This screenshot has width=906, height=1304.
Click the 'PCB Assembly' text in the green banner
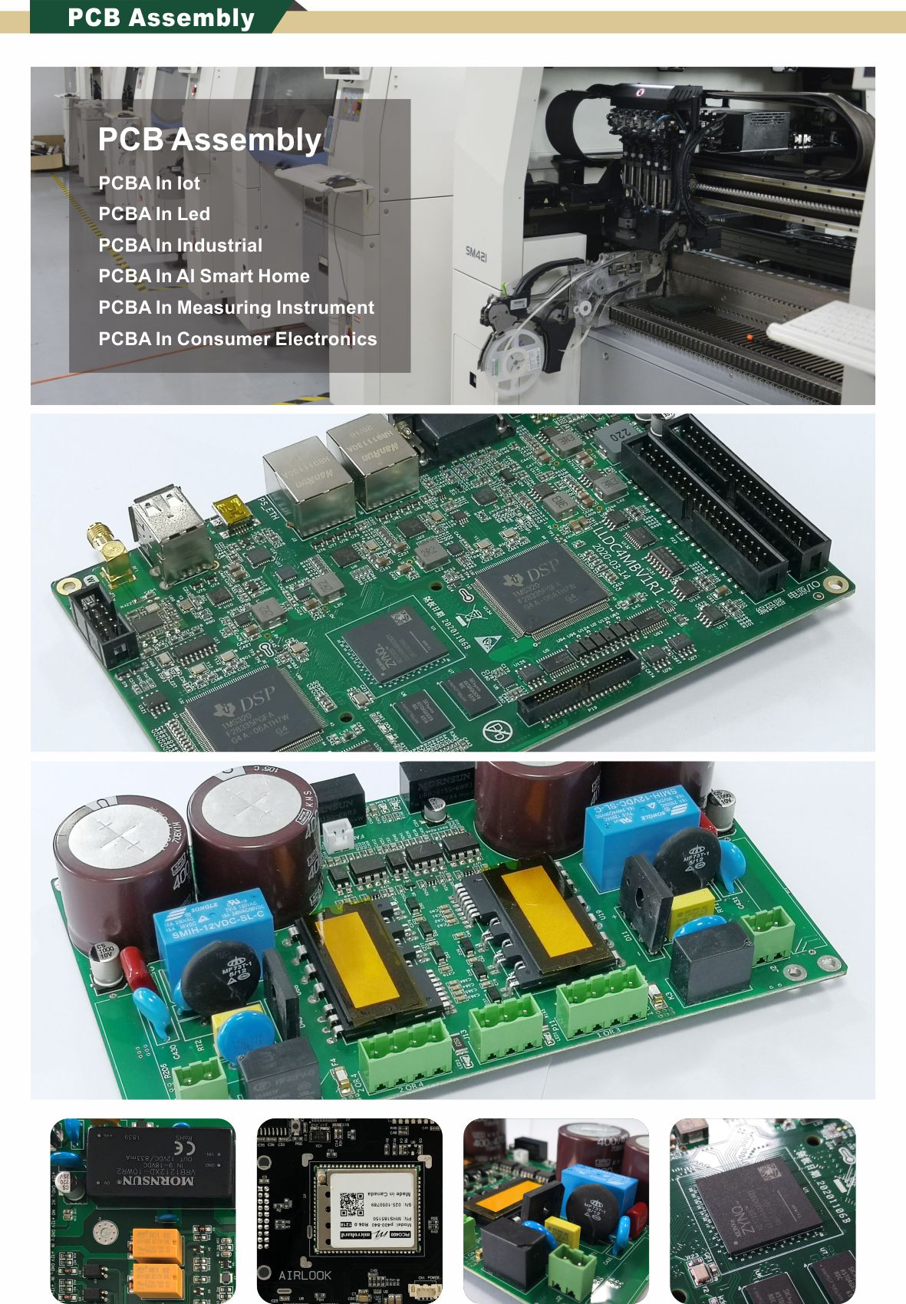[160, 18]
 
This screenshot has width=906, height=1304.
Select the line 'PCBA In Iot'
[149, 183]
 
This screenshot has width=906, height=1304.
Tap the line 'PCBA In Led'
[154, 214]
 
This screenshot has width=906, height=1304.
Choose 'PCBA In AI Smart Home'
[204, 276]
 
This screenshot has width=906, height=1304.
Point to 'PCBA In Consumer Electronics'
[238, 339]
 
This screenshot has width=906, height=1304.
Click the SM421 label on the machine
[476, 253]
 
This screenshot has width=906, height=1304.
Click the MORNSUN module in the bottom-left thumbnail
[160, 1163]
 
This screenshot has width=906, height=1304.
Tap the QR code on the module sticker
[352, 1203]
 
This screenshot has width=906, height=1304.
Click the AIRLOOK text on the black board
[305, 1275]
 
